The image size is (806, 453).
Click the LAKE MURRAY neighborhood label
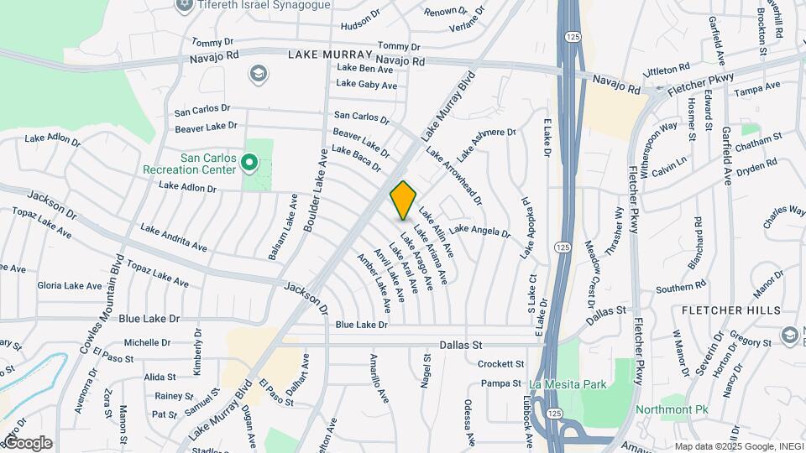[x=329, y=55]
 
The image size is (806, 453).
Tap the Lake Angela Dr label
[x=479, y=230]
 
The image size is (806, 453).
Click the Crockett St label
[x=500, y=364]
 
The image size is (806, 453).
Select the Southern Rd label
[x=674, y=289]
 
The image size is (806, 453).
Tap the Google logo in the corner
[x=27, y=443]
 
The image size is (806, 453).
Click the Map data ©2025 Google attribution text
[x=739, y=446]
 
